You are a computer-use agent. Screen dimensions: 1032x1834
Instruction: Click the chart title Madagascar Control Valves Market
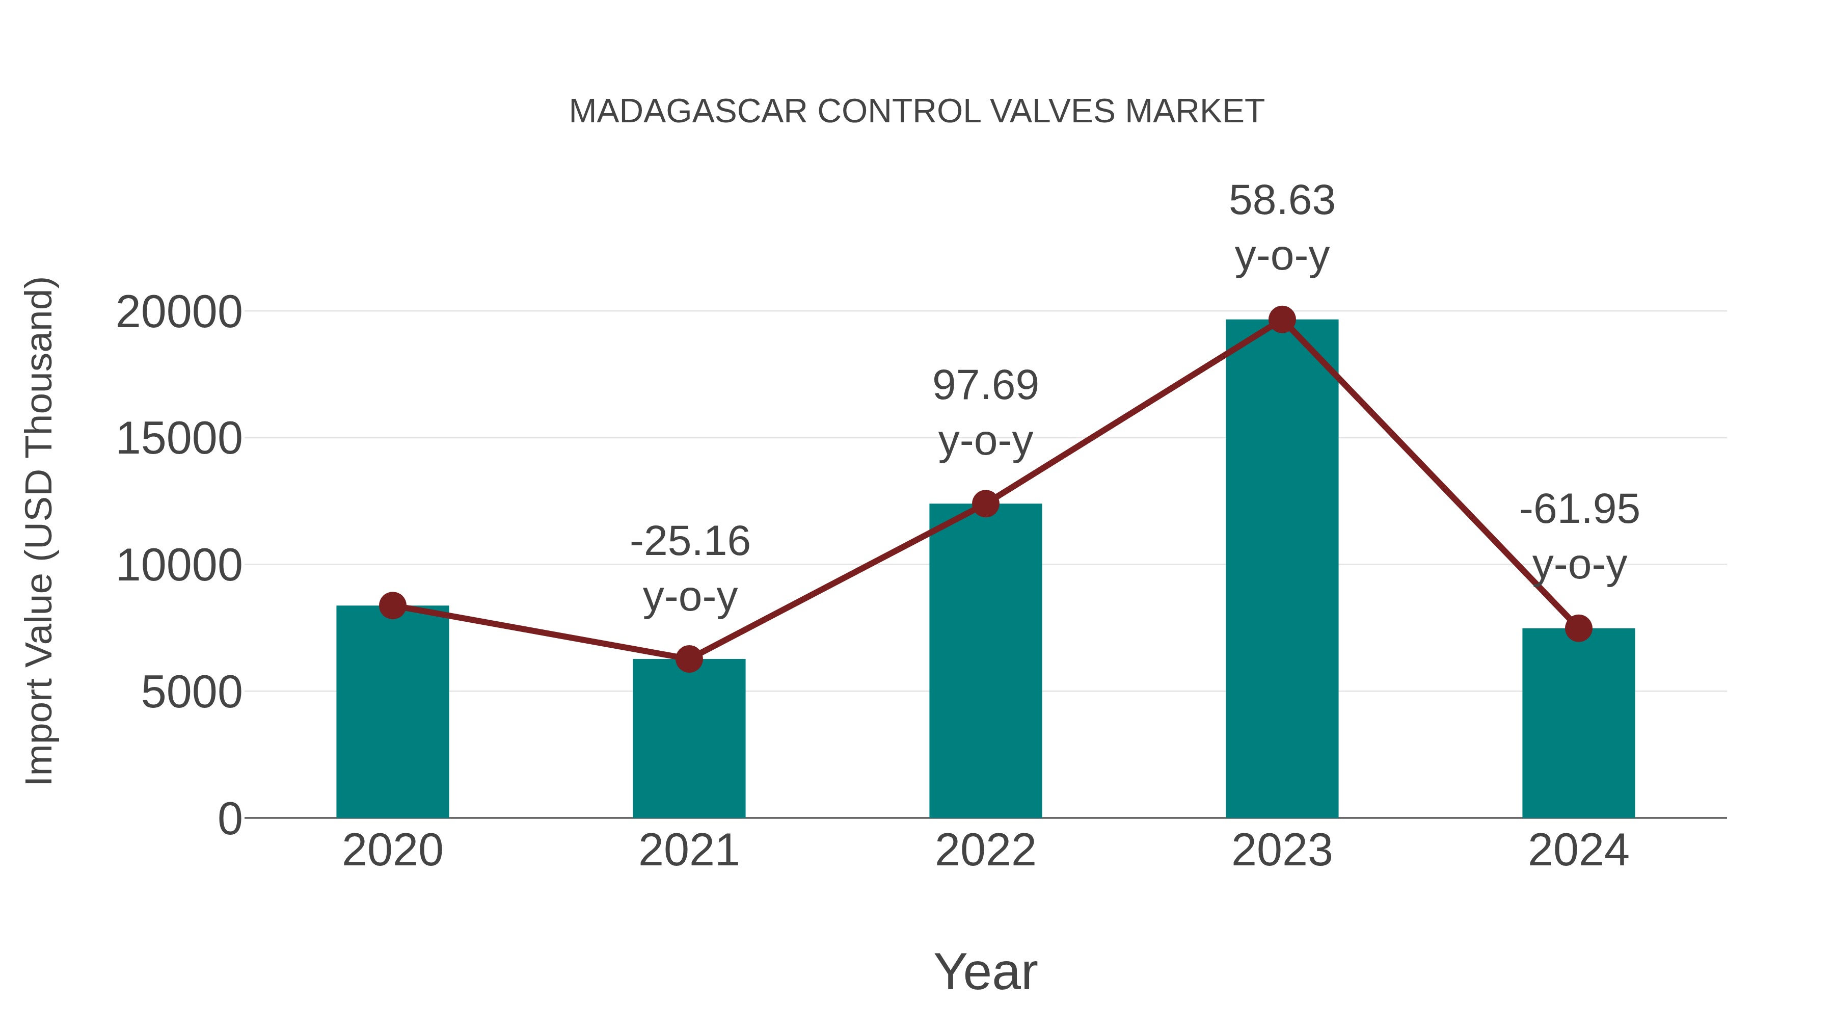point(916,112)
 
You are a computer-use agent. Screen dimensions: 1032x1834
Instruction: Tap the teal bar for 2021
point(688,740)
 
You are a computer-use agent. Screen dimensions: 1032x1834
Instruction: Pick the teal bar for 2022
point(985,663)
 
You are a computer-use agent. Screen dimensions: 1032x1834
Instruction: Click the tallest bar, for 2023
point(1282,570)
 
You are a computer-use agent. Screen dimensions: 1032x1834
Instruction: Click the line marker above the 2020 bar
point(392,605)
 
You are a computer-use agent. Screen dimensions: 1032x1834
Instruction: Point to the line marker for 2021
point(688,659)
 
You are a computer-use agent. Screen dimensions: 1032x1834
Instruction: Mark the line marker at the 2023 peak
point(1282,320)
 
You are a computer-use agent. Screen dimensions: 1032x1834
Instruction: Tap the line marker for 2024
point(1578,628)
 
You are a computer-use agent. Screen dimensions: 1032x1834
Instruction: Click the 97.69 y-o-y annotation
point(985,413)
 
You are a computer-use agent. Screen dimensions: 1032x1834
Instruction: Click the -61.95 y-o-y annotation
point(1579,537)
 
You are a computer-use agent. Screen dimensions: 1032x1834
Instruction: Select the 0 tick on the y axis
point(229,819)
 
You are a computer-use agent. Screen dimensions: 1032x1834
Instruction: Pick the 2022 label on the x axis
point(985,851)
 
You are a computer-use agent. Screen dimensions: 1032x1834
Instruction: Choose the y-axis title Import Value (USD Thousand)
point(40,531)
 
